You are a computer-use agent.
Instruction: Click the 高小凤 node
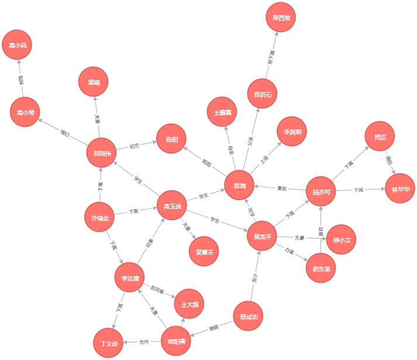click(x=17, y=45)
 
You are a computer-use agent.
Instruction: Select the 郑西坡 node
click(x=281, y=18)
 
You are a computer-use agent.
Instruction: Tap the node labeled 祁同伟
click(x=101, y=153)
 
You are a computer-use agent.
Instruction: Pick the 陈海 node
click(x=240, y=185)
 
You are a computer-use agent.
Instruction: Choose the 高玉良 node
click(x=172, y=205)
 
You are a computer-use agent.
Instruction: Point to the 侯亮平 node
click(x=262, y=236)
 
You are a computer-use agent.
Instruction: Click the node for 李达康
click(x=129, y=278)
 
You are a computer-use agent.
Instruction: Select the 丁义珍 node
click(x=108, y=343)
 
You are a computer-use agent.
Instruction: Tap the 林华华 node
click(x=400, y=188)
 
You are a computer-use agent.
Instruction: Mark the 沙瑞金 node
click(x=99, y=217)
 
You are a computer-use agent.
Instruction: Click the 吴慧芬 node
click(x=204, y=251)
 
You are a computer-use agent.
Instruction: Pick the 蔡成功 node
click(x=248, y=317)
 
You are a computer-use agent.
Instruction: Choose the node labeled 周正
click(x=380, y=137)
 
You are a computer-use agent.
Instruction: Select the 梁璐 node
click(x=94, y=82)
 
